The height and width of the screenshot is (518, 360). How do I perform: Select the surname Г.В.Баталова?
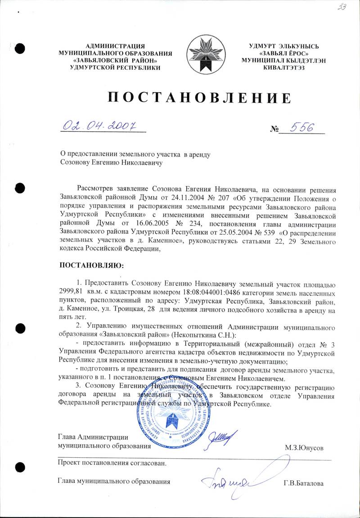[304, 483]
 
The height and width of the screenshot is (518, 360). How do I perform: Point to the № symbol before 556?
[274, 129]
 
